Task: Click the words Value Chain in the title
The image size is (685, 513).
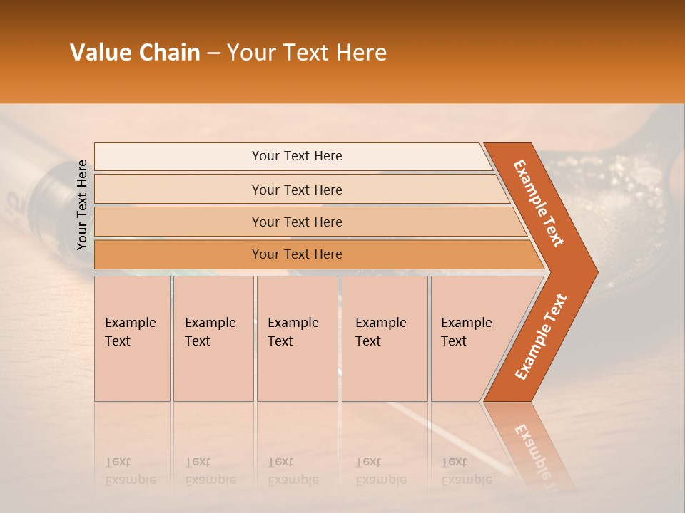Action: tap(135, 53)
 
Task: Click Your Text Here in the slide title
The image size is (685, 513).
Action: tap(307, 53)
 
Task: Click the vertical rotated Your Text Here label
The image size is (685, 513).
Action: tap(82, 204)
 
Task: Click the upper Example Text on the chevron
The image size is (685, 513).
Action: tap(539, 203)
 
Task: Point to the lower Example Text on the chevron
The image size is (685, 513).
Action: tap(540, 336)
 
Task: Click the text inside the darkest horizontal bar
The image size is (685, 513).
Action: tap(297, 254)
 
